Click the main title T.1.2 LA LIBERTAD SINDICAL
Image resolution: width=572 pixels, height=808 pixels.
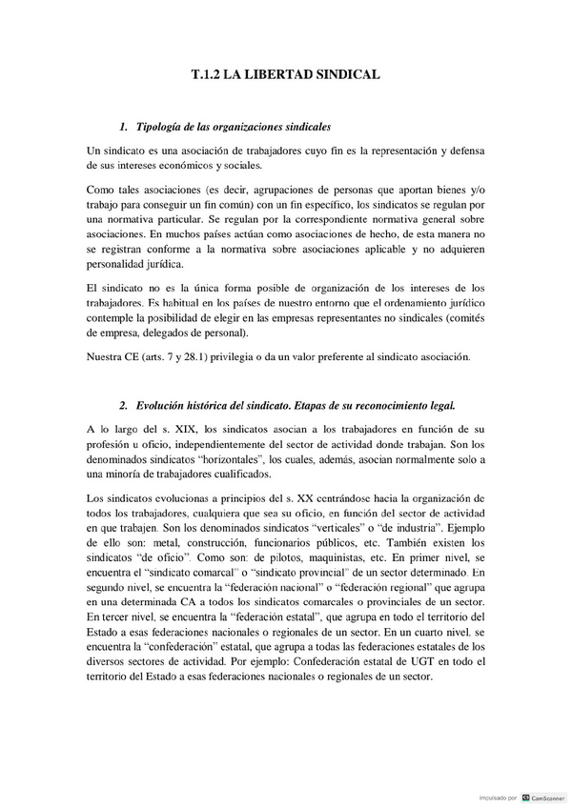(286, 73)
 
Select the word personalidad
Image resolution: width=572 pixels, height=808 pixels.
(120, 264)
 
